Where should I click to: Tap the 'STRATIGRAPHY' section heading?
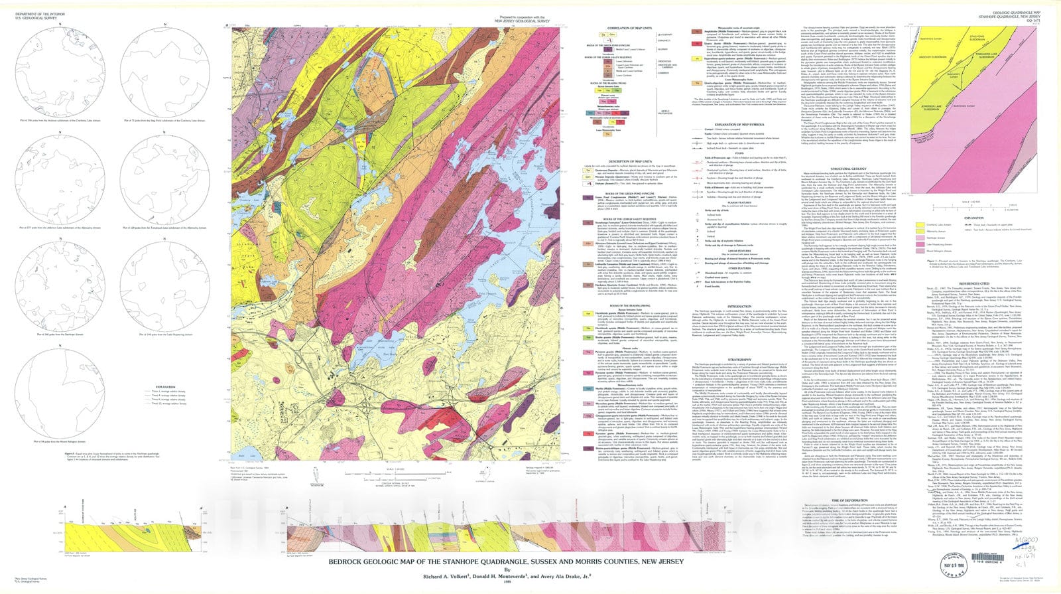point(739,359)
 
